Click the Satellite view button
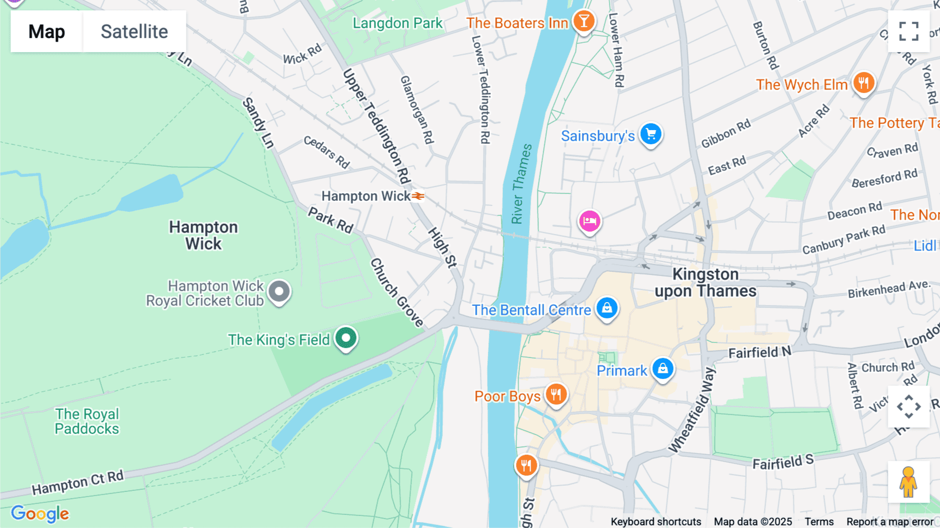(134, 31)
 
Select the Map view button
(46, 31)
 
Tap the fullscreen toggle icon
(909, 31)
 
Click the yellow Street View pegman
(908, 482)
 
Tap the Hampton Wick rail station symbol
(418, 196)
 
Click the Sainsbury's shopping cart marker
(651, 134)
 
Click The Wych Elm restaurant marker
(864, 83)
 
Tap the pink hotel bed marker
(590, 221)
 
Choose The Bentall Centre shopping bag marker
(607, 308)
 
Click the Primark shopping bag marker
(663, 369)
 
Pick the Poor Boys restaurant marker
(556, 395)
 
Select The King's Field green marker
(346, 338)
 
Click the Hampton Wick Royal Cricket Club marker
(279, 292)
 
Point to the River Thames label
(521, 184)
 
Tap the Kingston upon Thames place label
(705, 282)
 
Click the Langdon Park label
(397, 23)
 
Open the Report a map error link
(890, 521)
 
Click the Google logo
(40, 513)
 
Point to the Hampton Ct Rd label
(78, 483)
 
